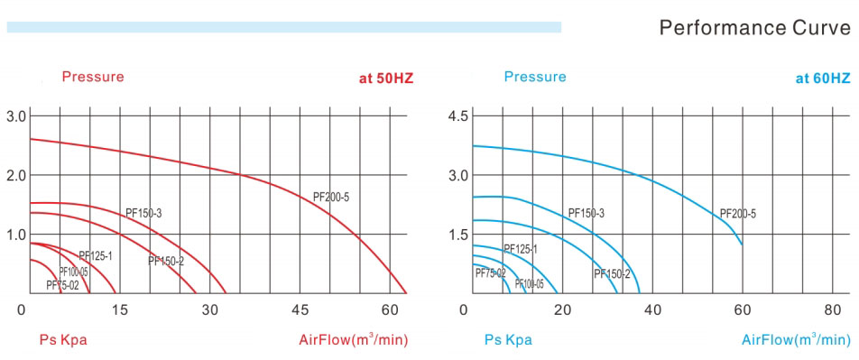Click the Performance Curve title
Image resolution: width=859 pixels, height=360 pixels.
point(754,27)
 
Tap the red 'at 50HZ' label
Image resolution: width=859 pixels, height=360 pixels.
point(385,78)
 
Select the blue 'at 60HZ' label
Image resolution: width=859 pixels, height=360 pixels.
point(822,78)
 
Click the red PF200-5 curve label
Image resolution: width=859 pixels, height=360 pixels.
point(331,197)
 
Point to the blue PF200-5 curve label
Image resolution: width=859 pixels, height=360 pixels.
point(738,214)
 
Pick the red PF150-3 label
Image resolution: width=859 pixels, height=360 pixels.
point(143,213)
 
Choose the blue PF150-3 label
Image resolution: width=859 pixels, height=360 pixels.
point(587,213)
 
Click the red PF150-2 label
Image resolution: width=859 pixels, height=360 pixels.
point(166,262)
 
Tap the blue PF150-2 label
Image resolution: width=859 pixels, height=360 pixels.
point(613,274)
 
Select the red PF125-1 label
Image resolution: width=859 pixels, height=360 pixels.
point(95,256)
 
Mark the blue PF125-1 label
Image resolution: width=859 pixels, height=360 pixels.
point(521,249)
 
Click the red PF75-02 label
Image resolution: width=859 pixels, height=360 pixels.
point(63,286)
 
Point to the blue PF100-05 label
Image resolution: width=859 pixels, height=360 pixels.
point(530,284)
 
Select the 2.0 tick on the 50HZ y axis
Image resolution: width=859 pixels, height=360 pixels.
point(17,175)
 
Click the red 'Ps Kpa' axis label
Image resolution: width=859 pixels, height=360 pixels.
point(63,340)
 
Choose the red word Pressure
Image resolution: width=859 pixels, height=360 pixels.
point(93,77)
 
